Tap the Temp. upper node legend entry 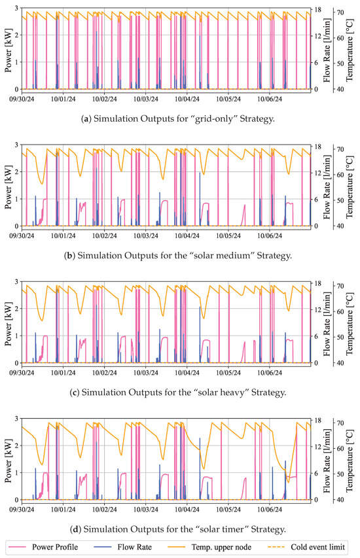tap(209, 547)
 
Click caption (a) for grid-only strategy tap(178, 118)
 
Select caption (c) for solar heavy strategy tap(178, 392)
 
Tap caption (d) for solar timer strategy tap(178, 529)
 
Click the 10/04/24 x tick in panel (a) tap(187, 99)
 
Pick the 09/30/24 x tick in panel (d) tap(22, 510)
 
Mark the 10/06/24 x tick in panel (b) tap(270, 236)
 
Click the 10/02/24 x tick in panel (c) tap(104, 373)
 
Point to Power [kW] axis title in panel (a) tap(9, 50)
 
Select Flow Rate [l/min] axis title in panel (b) tap(327, 187)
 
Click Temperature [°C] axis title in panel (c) tap(350, 324)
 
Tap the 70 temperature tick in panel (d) tap(340, 423)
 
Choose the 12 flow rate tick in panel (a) tap(318, 36)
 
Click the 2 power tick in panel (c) tap(16, 309)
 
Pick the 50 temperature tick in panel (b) tap(340, 200)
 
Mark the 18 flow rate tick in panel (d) tap(318, 420)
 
